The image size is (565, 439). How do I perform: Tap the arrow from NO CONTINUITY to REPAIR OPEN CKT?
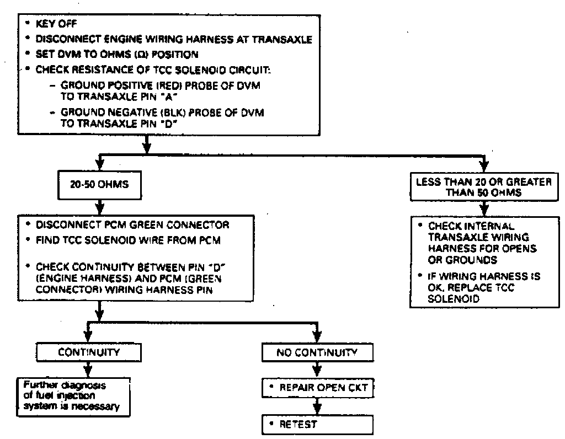click(x=316, y=370)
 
